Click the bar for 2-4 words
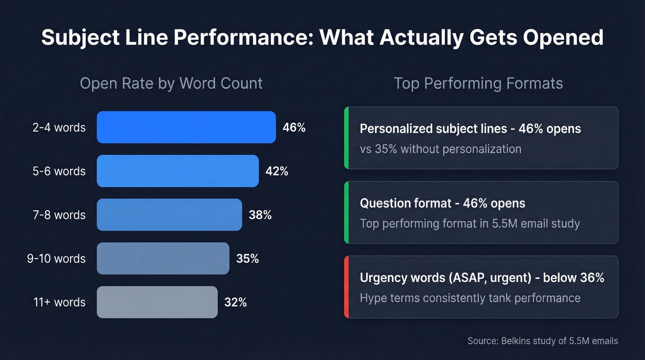pos(186,127)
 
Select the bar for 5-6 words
pos(177,171)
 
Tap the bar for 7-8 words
pos(169,215)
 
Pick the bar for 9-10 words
pos(163,259)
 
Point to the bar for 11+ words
pos(157,302)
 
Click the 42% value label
pos(277,171)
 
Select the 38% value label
pos(260,215)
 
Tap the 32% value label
pos(235,302)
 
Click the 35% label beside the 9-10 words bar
pos(247,259)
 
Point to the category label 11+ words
pos(59,302)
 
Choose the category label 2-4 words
pos(59,127)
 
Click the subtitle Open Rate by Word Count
pos(171,83)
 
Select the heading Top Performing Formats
pos(478,83)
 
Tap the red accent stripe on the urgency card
pos(346,287)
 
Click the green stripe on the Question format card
pos(346,212)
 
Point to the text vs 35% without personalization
pos(440,149)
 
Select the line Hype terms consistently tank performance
pos(470,298)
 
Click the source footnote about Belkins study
pos(542,341)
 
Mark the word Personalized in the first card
pos(396,129)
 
